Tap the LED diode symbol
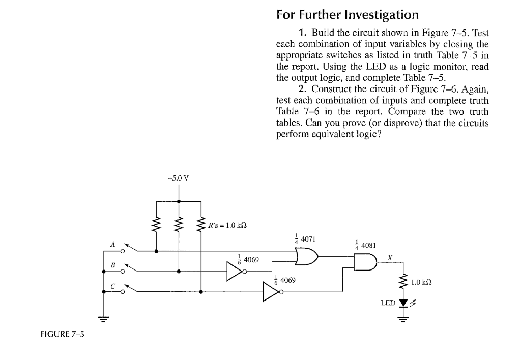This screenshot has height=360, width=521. pos(404,304)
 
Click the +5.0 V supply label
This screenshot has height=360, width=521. pos(178,178)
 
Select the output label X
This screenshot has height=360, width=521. pos(389,257)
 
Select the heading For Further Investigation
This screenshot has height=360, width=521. pos(348,14)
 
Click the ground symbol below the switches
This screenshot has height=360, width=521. pos(104,319)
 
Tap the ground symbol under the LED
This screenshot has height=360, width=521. pos(404,319)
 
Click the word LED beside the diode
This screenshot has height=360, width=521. pos(388,303)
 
